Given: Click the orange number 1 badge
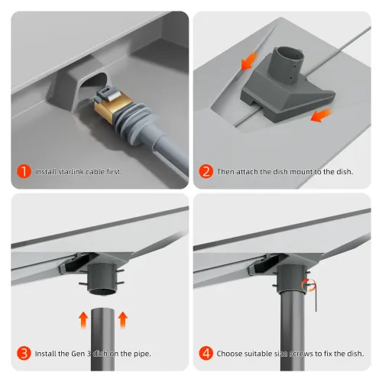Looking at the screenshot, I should click(24, 171).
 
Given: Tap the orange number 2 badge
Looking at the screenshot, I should click(206, 171).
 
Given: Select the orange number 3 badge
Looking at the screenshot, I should click(24, 353).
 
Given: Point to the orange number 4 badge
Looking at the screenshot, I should click(206, 353).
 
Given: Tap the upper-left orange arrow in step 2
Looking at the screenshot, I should click(249, 61).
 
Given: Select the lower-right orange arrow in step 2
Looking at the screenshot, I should click(322, 115).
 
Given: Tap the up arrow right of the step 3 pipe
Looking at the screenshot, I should click(122, 319).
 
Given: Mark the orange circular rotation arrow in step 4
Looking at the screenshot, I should click(306, 285).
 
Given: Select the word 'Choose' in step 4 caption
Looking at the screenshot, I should click(229, 354).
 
